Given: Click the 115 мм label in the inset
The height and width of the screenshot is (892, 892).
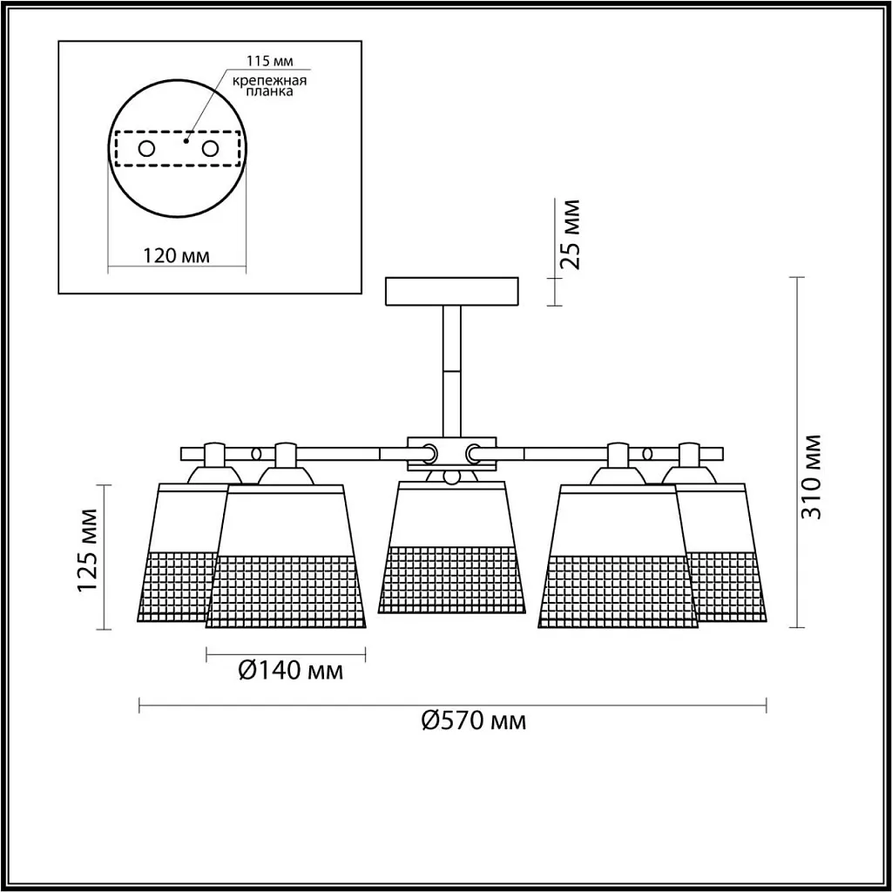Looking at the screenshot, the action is pyautogui.click(x=270, y=61).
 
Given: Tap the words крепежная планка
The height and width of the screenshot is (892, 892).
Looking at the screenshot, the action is pyautogui.click(x=270, y=86).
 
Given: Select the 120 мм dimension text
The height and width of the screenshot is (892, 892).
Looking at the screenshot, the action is pyautogui.click(x=176, y=256).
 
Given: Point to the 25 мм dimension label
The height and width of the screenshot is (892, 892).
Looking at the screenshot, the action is pyautogui.click(x=570, y=234).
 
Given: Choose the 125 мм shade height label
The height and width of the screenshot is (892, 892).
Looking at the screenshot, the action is pyautogui.click(x=88, y=551).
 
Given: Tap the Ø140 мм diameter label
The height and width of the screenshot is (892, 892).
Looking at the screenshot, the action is pyautogui.click(x=291, y=671).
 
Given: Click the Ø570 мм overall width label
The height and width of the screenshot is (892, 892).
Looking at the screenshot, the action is pyautogui.click(x=474, y=720).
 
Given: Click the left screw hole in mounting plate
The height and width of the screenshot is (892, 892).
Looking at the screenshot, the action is pyautogui.click(x=146, y=149).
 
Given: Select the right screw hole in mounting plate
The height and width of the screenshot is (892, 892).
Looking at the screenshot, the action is pyautogui.click(x=210, y=149).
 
